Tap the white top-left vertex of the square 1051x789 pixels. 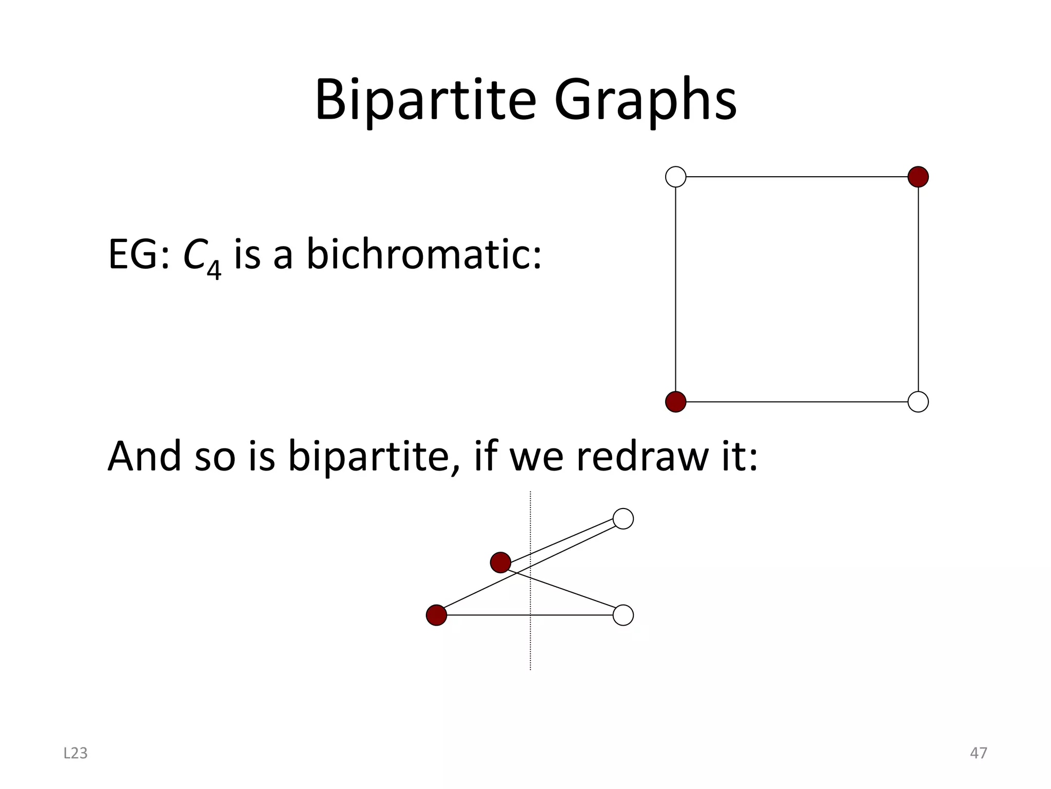point(675,177)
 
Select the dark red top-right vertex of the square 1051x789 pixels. point(918,177)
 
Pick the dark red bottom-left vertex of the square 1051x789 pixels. point(675,402)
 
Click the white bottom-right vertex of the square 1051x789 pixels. point(918,402)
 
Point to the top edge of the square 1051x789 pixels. point(796,177)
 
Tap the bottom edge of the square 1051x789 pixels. point(796,402)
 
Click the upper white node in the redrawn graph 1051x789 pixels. point(623,519)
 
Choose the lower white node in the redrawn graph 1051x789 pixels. point(623,615)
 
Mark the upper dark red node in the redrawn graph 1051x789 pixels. point(500,562)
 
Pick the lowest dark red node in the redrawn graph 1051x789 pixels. point(436,615)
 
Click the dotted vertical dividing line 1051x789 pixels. point(530,647)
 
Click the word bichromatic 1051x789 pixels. point(423,255)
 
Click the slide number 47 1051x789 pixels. point(978,753)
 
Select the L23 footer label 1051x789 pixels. point(75,753)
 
